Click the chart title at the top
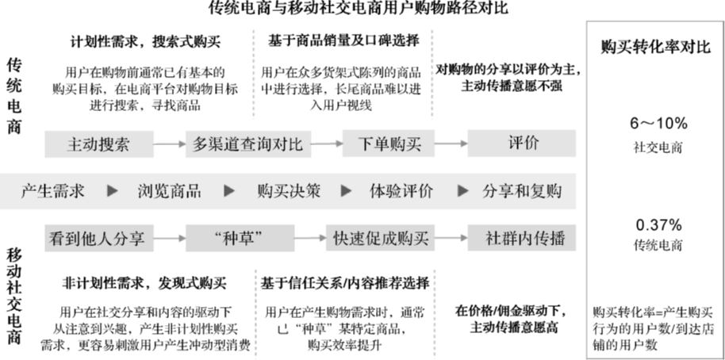point(358,9)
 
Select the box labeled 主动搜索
point(98,144)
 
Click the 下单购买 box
point(389,144)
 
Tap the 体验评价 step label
point(402,191)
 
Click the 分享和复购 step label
point(522,191)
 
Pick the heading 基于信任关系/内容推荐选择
point(346,284)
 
